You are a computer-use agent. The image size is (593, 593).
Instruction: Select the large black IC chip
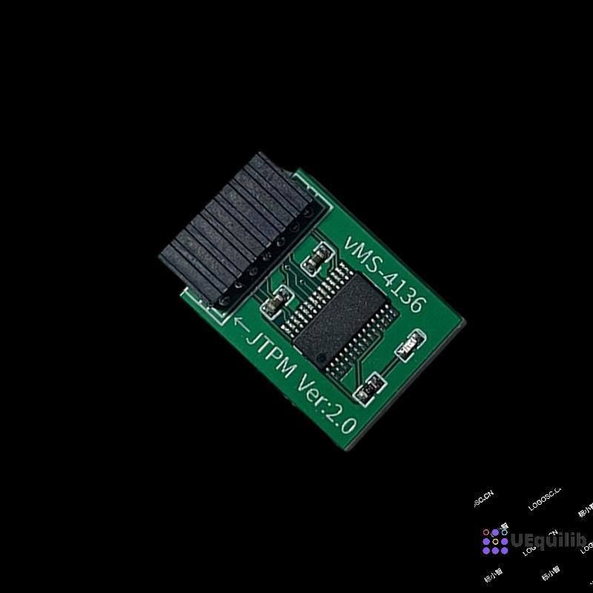click(338, 314)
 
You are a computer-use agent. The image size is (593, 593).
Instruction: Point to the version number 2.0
click(345, 420)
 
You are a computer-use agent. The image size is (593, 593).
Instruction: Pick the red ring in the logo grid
click(486, 532)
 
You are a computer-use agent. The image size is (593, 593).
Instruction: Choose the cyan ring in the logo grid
click(504, 532)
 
